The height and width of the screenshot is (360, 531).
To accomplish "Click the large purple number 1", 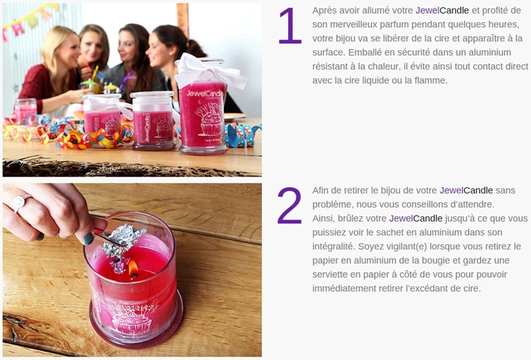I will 290,26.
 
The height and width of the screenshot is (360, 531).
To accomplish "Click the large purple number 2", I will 290,206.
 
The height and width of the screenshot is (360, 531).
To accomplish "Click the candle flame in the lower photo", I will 132,269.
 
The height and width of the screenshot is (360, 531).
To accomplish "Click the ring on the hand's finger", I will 20,201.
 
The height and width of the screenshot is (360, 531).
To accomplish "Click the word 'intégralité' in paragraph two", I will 336,246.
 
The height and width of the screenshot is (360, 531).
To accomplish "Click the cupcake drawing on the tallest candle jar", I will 210,121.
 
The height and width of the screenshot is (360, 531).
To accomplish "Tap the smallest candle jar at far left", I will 25,111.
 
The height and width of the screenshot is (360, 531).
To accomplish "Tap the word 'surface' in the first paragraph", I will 331,52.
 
